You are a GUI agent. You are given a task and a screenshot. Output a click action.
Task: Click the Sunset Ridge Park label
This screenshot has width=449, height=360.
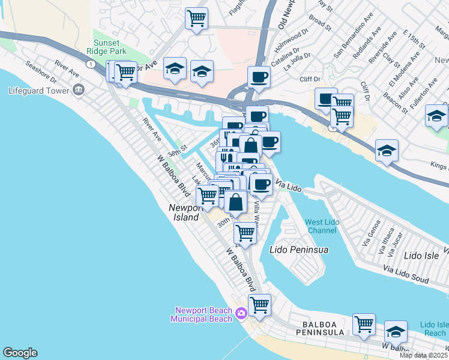point(110,47)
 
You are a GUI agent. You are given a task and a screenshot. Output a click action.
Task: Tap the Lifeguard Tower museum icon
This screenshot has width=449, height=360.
point(78,91)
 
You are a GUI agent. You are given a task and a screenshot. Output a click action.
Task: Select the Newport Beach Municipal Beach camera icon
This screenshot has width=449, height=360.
point(241,313)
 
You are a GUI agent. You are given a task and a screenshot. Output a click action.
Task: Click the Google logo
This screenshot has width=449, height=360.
point(20,353)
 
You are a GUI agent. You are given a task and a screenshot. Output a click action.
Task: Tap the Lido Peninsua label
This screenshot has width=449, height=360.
point(298,248)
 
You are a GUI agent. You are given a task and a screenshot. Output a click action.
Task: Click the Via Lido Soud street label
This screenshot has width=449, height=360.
point(407,275)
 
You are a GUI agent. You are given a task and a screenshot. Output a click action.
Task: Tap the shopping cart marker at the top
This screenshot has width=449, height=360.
point(196,19)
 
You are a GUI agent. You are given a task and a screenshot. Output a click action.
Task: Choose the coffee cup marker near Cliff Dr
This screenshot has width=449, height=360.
point(259,77)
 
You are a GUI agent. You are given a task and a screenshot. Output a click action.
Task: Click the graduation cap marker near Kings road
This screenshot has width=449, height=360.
point(387,151)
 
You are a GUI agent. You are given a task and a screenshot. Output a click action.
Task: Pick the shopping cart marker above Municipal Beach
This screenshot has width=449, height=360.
point(259,305)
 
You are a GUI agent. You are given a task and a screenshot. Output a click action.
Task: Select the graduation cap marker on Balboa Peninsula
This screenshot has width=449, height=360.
point(396,332)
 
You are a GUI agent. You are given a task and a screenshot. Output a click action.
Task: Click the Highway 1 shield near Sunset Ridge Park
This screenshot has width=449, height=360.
point(90,64)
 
